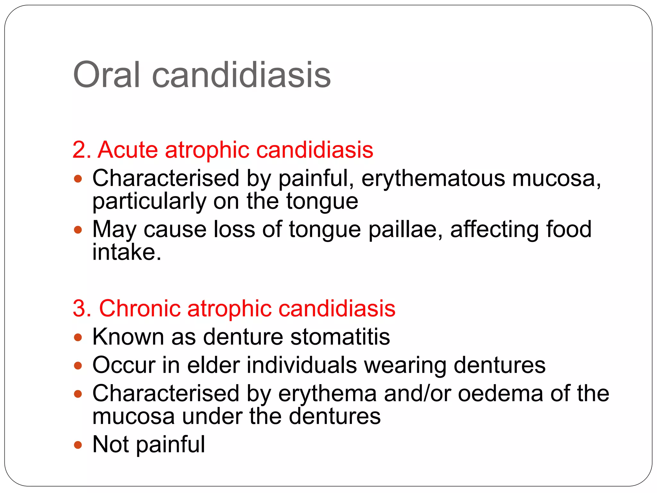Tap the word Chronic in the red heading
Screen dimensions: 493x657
pos(140,308)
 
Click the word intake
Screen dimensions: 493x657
pos(127,252)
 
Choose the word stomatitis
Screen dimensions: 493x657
pos(340,337)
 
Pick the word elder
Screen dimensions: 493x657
pos(213,365)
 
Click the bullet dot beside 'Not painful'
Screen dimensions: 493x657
pos(78,445)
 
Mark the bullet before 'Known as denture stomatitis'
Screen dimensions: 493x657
pos(78,337)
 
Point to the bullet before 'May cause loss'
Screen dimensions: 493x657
pos(78,230)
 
